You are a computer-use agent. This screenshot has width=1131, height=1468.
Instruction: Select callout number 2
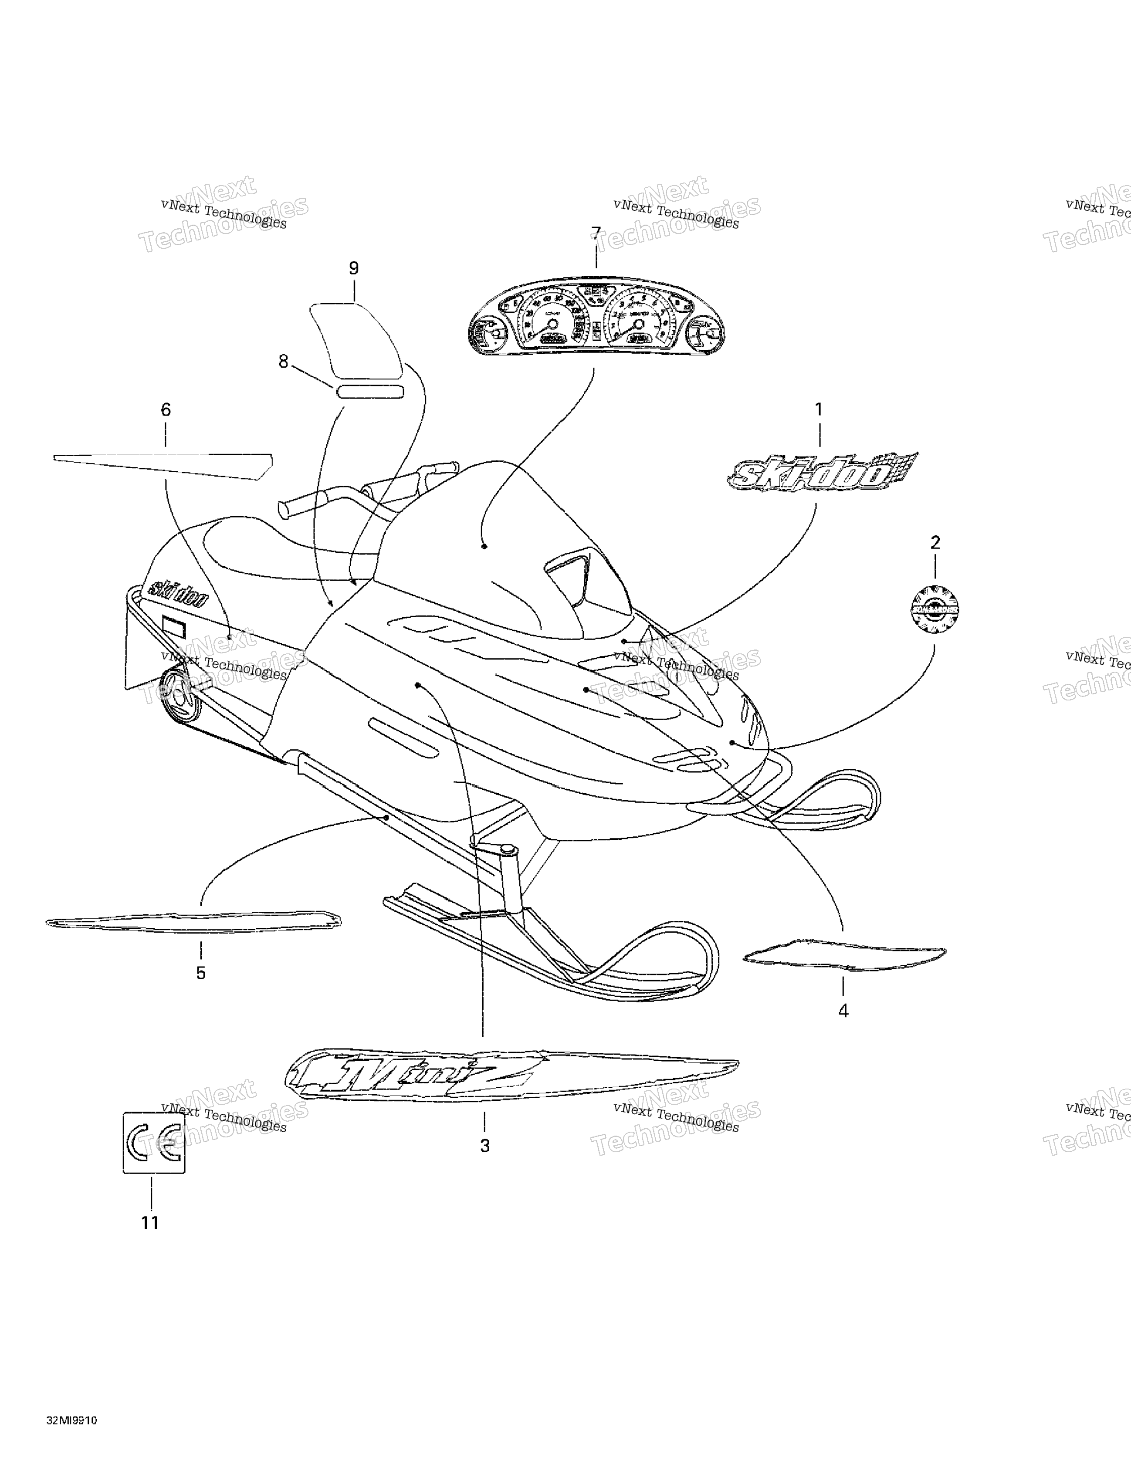[x=935, y=542]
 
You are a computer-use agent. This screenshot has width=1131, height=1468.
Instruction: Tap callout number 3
[x=485, y=1146]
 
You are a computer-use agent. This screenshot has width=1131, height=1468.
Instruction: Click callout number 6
[x=166, y=409]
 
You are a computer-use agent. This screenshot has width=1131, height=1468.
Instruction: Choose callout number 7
[x=596, y=233]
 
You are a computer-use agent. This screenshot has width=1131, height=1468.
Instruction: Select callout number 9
[x=354, y=268]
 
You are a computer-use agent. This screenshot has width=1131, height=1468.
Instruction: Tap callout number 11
[x=150, y=1223]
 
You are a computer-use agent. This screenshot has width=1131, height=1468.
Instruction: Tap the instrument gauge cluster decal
[x=596, y=315]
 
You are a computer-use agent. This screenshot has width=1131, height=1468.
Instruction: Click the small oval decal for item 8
[x=370, y=392]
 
